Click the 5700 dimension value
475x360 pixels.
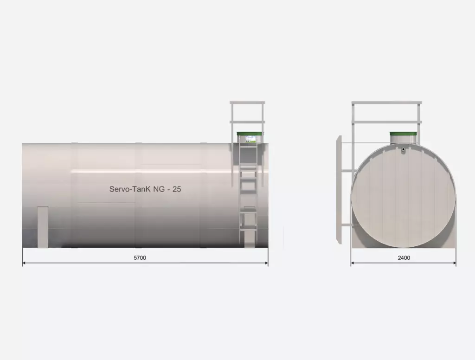click(140, 258)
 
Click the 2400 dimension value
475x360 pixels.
click(404, 258)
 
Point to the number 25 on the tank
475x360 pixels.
click(177, 189)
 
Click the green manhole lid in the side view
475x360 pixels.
click(250, 133)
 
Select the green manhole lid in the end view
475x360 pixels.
click(403, 134)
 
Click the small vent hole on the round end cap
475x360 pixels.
click(403, 149)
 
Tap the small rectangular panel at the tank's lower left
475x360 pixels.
click(43, 227)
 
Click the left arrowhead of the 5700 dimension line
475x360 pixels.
click(25, 263)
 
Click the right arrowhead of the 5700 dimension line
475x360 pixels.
click(266, 263)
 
